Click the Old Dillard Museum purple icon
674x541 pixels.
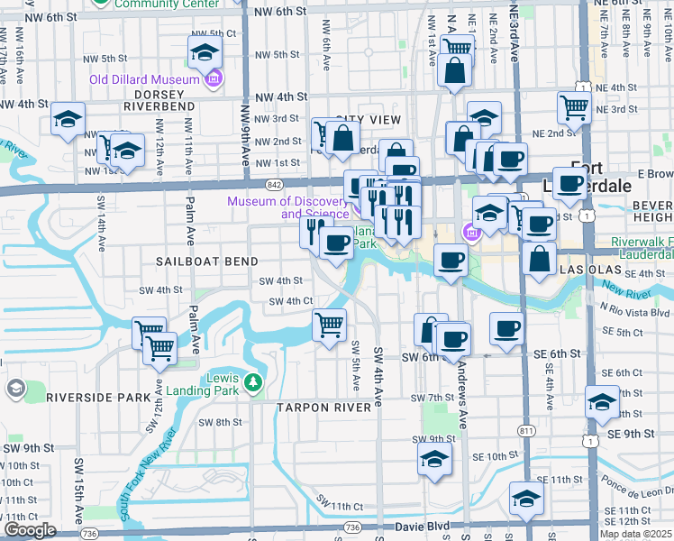[213, 80]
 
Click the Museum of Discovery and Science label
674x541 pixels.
[287, 207]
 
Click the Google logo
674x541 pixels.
[30, 530]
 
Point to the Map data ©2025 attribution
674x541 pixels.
[635, 534]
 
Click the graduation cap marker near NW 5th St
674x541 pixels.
[205, 51]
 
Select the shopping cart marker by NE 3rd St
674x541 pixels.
[574, 108]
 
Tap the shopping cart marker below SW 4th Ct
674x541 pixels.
[330, 324]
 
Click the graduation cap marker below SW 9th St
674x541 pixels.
[434, 459]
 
